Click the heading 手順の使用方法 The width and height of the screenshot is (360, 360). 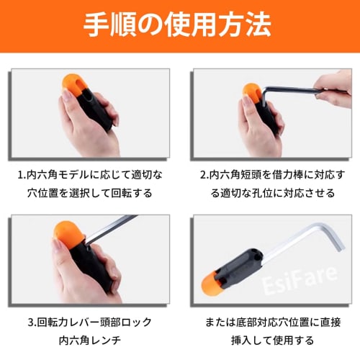[179, 26]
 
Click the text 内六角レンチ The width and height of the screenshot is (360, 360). [91, 340]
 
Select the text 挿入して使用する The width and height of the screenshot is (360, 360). [268, 340]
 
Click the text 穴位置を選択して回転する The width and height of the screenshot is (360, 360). [90, 194]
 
